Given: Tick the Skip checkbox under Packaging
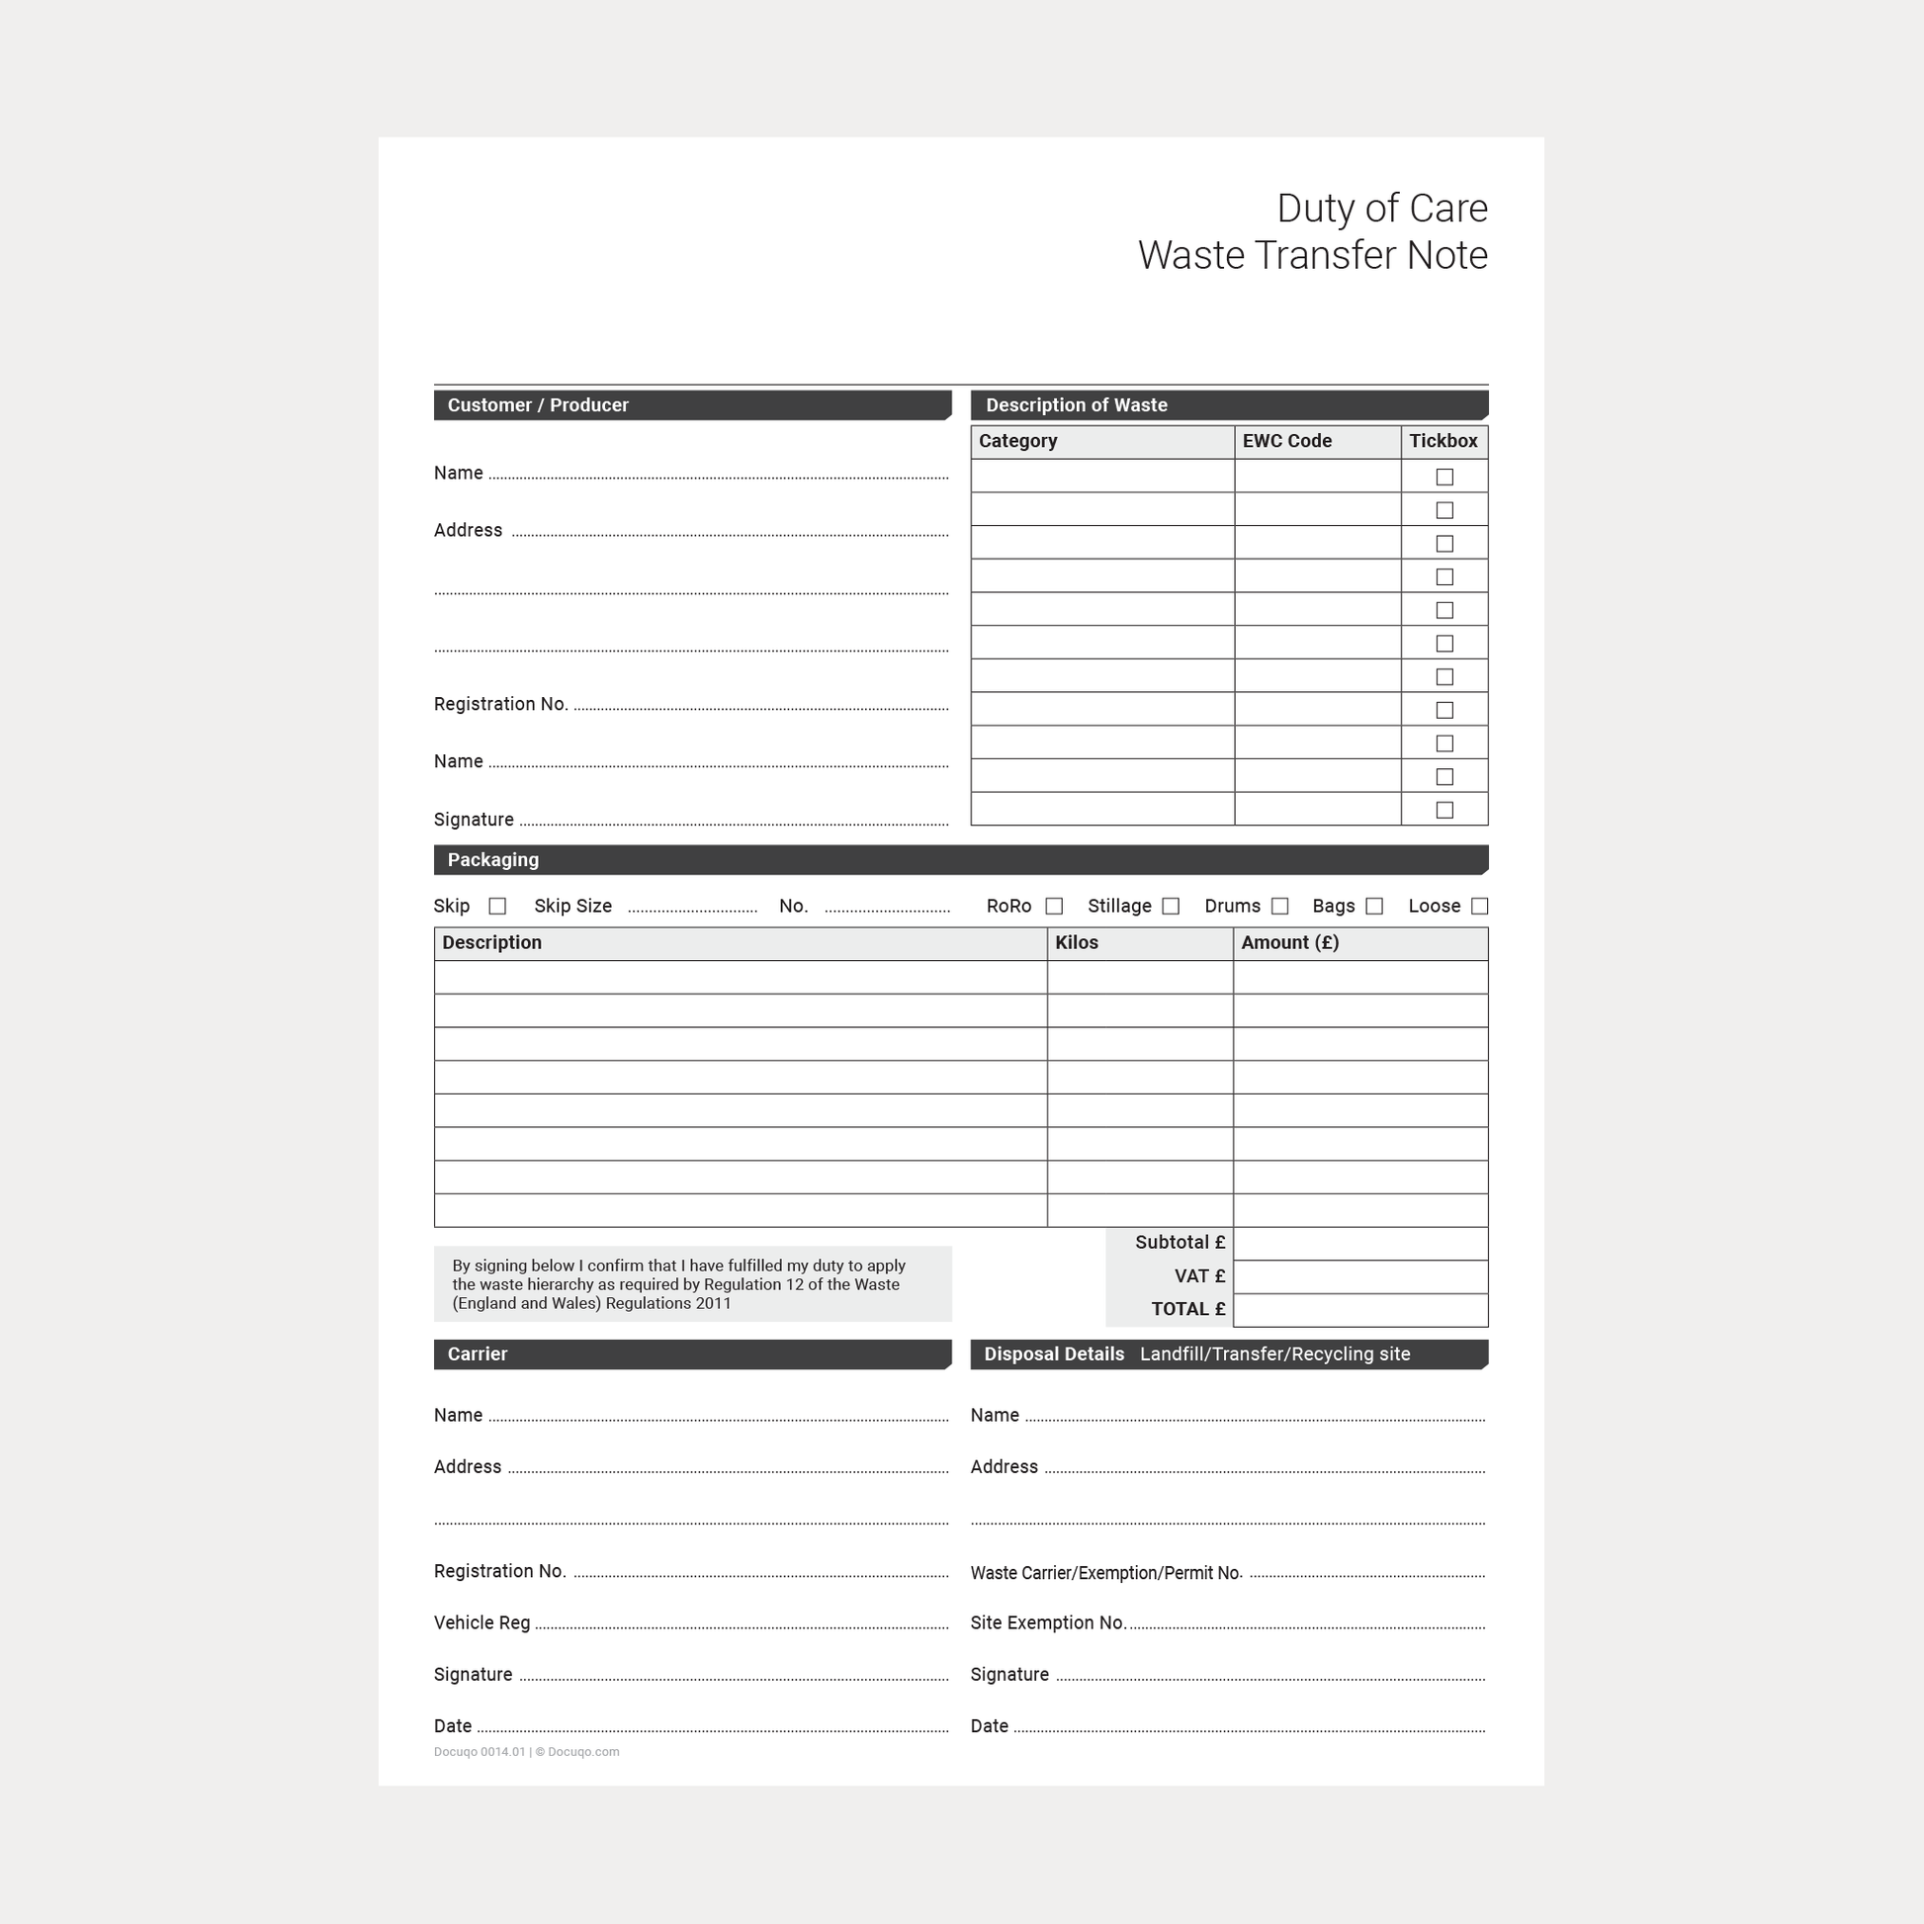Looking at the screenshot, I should point(497,907).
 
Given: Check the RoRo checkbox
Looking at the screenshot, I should point(1054,907).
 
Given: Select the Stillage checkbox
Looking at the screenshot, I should point(1172,907).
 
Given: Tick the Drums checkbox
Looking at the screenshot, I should point(1279,907).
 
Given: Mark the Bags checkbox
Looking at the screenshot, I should point(1374,907).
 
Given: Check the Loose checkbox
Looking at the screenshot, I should point(1480,907).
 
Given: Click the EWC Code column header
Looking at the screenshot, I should point(1286,441).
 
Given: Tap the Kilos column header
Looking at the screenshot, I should point(1077,943).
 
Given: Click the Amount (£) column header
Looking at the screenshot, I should point(1289,943).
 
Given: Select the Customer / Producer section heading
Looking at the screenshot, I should point(538,405).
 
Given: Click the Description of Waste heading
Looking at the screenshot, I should point(1077,405).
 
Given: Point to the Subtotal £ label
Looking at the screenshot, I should point(1181,1243).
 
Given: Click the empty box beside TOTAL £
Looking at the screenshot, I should point(1360,1311).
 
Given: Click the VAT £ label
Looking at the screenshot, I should point(1199,1276).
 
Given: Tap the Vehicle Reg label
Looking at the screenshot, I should point(482,1623).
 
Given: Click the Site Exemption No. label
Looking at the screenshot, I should point(1049,1623).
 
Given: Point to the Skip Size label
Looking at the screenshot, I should point(572,907).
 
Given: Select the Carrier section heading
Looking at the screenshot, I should point(477,1355).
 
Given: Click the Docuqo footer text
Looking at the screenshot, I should point(526,1752).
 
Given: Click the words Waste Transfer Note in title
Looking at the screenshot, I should point(1313,256).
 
